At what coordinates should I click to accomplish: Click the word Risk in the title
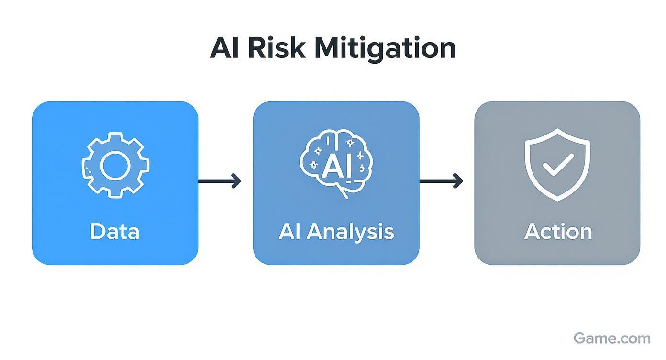pos(277,47)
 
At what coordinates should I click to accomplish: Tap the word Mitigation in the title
pos(385,49)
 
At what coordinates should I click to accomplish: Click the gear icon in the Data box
pos(115,165)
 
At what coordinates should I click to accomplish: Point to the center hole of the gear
pos(115,166)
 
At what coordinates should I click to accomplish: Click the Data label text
pos(115,232)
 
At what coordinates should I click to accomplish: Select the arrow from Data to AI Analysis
pos(220,181)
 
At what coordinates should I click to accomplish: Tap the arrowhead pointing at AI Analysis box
pos(237,181)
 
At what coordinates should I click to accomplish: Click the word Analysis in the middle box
pos(351,232)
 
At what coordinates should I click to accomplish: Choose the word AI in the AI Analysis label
pos(289,232)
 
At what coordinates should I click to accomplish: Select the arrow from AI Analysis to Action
pos(441,181)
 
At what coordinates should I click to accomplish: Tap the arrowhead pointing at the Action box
pos(458,181)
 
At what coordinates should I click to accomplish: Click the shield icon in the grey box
pos(557,165)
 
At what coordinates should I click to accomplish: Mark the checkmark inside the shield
pos(558,165)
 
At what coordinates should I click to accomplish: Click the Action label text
pos(558,232)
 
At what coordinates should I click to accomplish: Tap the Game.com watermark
pos(612,338)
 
